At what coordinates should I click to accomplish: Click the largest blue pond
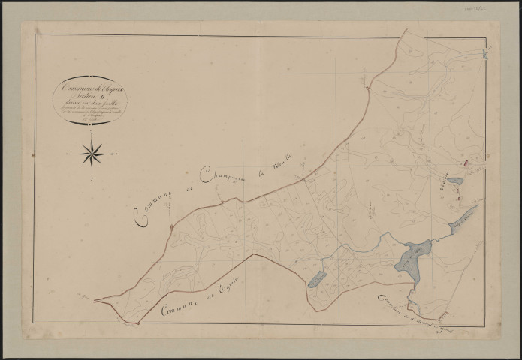click(411, 258)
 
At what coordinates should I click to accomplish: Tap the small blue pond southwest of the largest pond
click(317, 279)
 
